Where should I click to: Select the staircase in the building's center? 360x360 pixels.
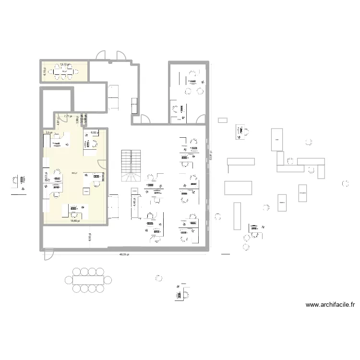pyautogui.click(x=132, y=166)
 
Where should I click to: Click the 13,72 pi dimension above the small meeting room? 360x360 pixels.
pyautogui.click(x=64, y=63)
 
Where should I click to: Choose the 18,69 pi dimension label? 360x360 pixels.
pyautogui.click(x=74, y=221)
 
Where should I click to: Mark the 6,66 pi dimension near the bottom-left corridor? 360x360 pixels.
pyautogui.click(x=90, y=237)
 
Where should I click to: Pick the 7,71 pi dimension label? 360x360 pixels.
pyautogui.click(x=68, y=116)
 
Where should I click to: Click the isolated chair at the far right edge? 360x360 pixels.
pyautogui.click(x=345, y=183)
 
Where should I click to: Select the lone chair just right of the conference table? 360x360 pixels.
pyautogui.click(x=158, y=277)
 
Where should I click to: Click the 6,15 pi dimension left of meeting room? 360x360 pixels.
pyautogui.click(x=45, y=72)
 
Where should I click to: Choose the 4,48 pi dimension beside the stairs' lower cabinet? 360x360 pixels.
pyautogui.click(x=135, y=203)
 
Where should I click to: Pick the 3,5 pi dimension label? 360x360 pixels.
pyautogui.click(x=48, y=132)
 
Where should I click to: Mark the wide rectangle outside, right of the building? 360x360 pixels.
pyautogui.click(x=238, y=187)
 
